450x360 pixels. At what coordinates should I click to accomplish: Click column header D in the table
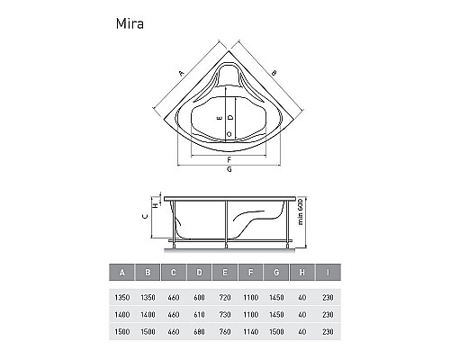pos(199,273)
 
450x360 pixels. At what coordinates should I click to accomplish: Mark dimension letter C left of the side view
pos(146,216)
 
